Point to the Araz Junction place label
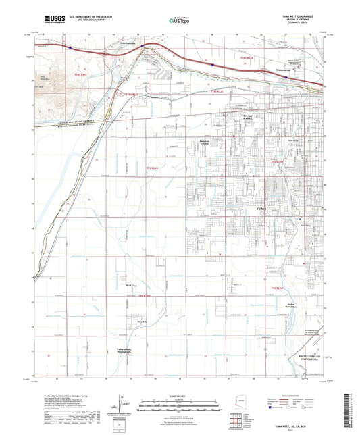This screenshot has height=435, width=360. click(128, 44)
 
